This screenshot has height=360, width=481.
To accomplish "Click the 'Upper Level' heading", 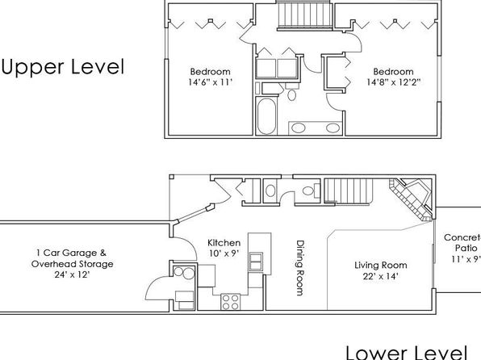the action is (63, 67).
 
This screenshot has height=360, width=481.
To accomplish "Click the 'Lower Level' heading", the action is (407, 352).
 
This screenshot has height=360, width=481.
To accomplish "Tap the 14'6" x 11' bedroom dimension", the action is (210, 82).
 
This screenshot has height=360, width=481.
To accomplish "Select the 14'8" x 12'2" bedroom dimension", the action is (393, 82).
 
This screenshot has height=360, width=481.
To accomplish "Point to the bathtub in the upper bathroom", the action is (266, 115).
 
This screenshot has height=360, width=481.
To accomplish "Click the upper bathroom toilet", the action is (291, 91).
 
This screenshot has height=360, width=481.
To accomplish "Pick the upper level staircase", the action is (304, 15).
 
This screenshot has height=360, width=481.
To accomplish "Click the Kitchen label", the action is (224, 243).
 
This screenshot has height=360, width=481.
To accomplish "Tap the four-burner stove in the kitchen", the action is (230, 301).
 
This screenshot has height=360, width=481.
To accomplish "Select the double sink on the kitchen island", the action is (255, 262).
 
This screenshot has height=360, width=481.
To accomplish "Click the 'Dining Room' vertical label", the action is (299, 268).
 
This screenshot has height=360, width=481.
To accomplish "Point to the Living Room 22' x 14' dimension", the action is (381, 276).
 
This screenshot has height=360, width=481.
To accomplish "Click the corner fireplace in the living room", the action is (412, 198).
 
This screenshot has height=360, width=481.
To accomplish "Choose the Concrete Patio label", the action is (463, 242).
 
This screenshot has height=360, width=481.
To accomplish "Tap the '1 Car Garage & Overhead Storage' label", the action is (72, 258).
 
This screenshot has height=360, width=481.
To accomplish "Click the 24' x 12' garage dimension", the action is (72, 274).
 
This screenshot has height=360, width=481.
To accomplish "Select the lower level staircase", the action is (349, 190).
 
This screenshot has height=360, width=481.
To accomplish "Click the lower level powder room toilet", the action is (311, 190).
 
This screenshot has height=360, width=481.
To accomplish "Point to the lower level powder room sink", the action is (270, 190).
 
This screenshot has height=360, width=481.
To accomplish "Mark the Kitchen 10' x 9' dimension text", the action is (224, 253).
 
